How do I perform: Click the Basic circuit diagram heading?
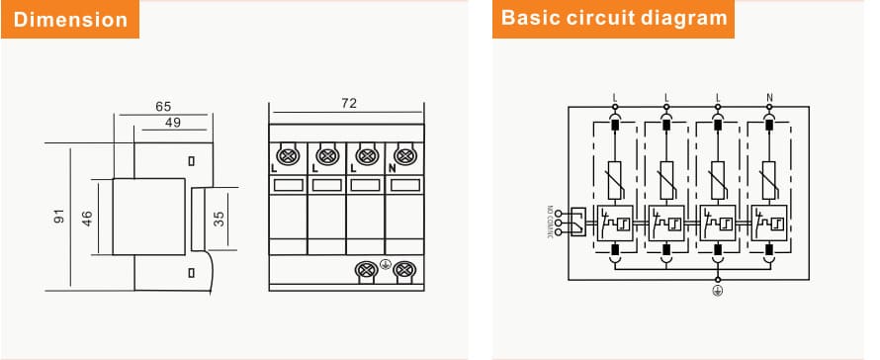click(x=614, y=19)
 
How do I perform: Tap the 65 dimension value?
click(x=163, y=105)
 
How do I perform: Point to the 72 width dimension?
click(x=348, y=103)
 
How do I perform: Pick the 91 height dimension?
click(x=58, y=218)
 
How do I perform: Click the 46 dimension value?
click(x=88, y=218)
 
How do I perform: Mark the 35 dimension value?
click(x=220, y=218)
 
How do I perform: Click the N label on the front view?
click(x=393, y=169)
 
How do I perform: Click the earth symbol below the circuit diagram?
click(x=718, y=290)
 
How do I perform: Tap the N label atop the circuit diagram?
click(x=769, y=98)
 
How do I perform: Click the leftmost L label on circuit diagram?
click(x=615, y=98)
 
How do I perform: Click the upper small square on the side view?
click(x=191, y=159)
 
